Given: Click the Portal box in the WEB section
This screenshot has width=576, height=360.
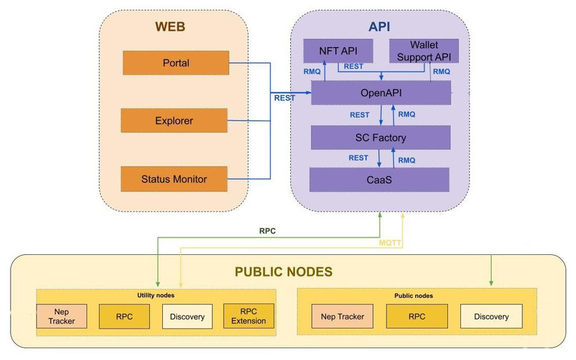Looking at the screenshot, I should tap(175, 63).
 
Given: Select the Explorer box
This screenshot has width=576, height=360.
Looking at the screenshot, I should tap(175, 121).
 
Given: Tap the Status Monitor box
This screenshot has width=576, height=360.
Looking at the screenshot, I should tap(174, 179).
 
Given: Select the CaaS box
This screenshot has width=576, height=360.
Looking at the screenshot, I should tap(379, 179).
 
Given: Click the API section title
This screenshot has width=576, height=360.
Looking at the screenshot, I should tap(379, 26).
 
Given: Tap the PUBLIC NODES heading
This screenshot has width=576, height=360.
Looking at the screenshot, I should tap(284, 272).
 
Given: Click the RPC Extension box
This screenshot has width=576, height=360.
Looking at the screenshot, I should tap(249, 316).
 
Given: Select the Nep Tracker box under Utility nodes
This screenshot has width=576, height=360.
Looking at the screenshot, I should tap(61, 316).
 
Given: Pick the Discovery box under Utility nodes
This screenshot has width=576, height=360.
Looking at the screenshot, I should tap(187, 316).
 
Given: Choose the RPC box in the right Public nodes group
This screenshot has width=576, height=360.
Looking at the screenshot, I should tap(417, 316).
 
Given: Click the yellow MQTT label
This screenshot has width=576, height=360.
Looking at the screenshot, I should tap(390, 245).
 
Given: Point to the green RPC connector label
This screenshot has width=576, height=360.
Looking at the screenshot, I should tap(267, 231).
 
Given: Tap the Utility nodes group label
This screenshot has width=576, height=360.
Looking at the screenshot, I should tap(156, 294).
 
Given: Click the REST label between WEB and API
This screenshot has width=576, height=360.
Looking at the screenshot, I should tap(284, 96).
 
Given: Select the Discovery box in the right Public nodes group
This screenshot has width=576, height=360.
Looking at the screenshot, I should tap(491, 316).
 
